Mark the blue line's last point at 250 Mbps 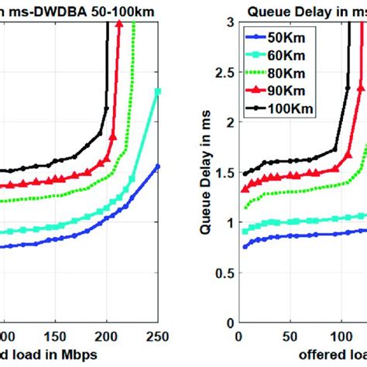pyautogui.click(x=158, y=166)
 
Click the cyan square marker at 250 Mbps pyautogui.click(x=158, y=91)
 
